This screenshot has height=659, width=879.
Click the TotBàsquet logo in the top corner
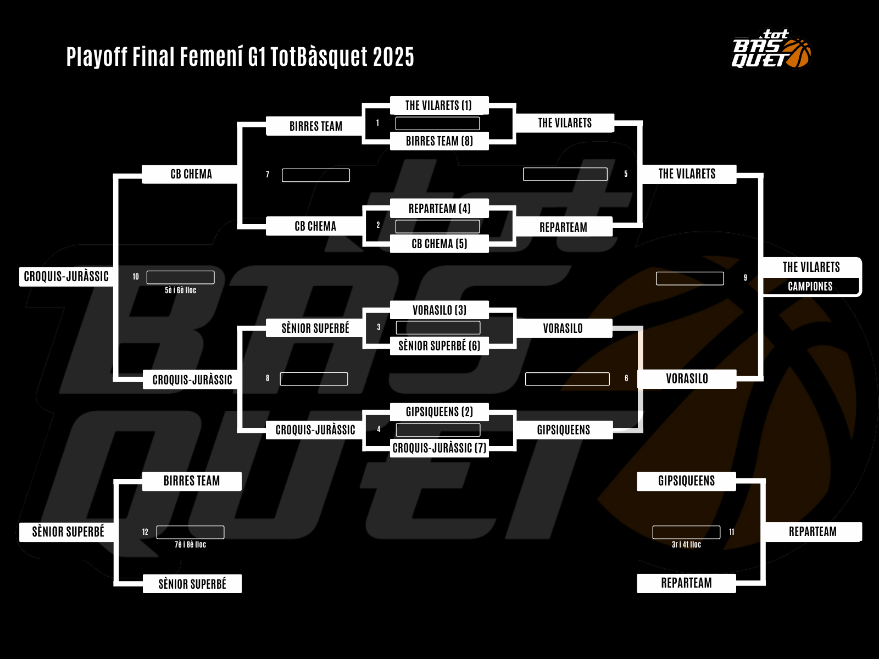[x=771, y=49]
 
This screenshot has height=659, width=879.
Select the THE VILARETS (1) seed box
[x=438, y=105]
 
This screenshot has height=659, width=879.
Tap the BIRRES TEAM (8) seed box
[x=439, y=141]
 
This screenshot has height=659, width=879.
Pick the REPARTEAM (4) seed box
[x=439, y=209]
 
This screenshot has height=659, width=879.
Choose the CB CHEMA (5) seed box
[x=439, y=244]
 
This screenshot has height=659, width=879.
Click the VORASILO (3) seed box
[x=439, y=310]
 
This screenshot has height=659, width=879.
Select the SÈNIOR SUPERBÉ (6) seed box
[x=439, y=346]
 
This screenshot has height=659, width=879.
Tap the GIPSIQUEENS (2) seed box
[x=439, y=412]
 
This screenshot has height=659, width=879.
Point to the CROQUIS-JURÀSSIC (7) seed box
[x=439, y=448]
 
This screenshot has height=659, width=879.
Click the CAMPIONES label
[x=810, y=286]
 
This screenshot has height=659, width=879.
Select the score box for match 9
[x=689, y=278]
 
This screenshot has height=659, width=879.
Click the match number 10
[x=136, y=277]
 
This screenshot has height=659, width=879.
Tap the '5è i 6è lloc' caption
[x=180, y=291]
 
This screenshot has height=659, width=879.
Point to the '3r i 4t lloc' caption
[x=686, y=545]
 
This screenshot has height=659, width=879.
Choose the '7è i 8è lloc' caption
[x=190, y=545]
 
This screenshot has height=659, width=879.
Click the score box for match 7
[x=315, y=175]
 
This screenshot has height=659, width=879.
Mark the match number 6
[x=626, y=378]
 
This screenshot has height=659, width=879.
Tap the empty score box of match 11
[x=686, y=532]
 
